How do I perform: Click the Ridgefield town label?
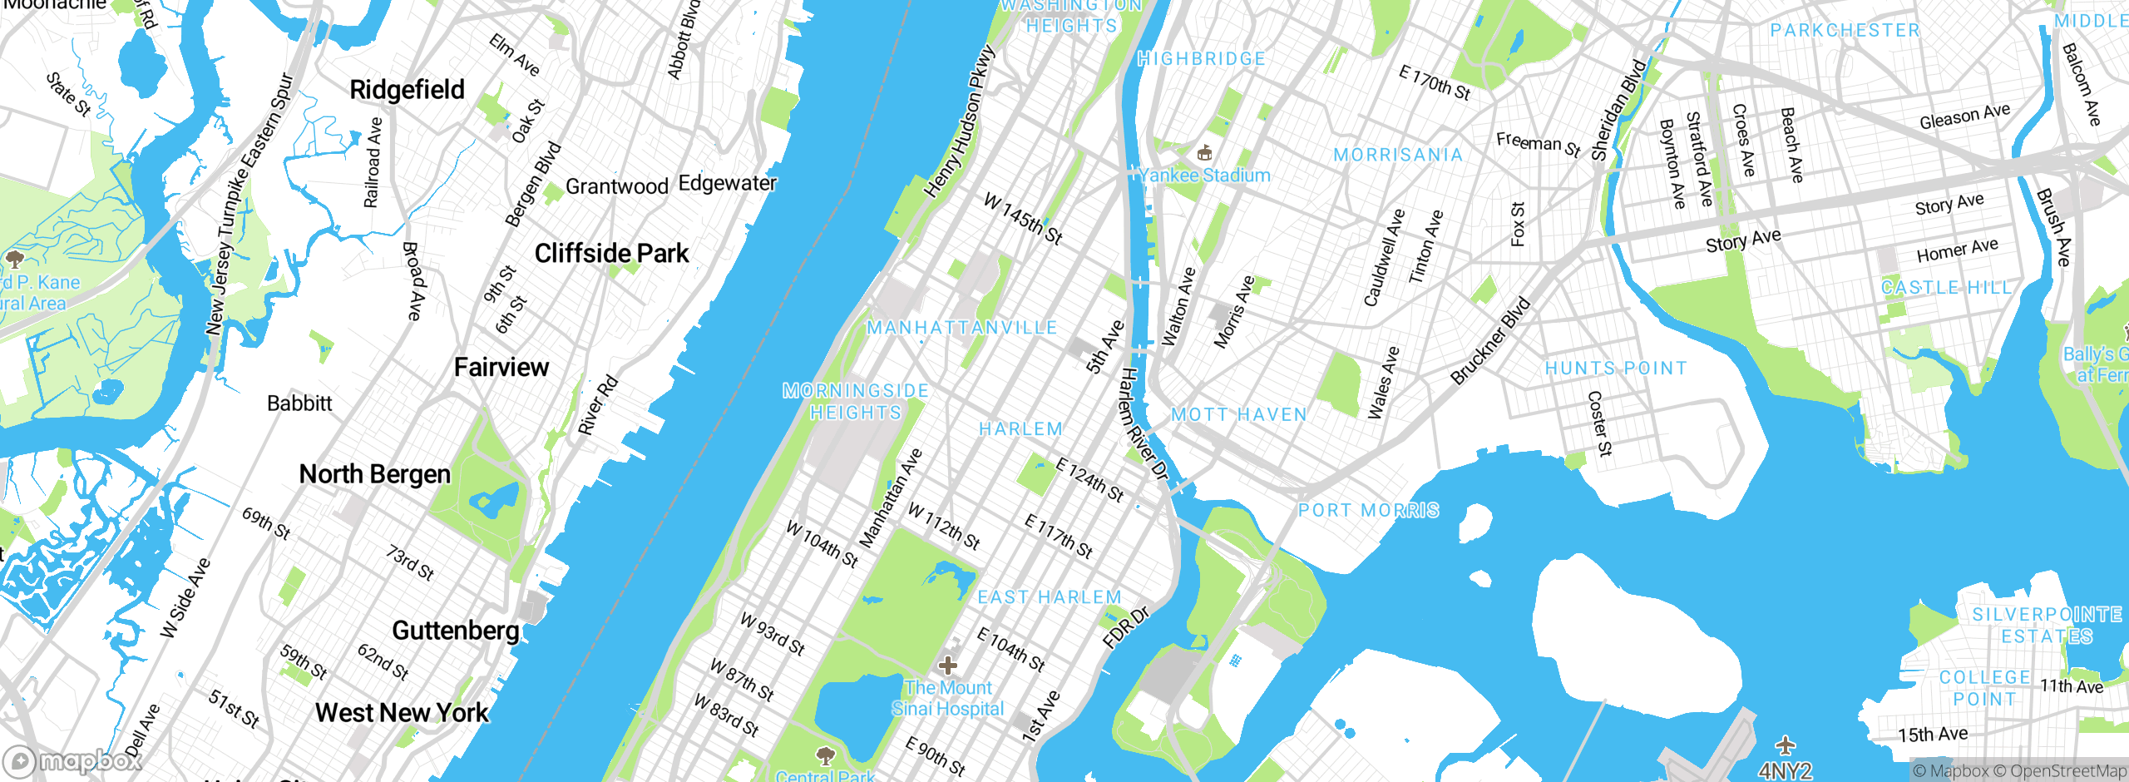[x=407, y=90]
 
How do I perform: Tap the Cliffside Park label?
[x=611, y=254]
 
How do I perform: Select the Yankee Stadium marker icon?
[x=1204, y=153]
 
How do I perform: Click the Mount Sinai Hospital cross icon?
[x=947, y=666]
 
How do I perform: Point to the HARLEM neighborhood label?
[x=1020, y=429]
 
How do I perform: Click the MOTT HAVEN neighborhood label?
[x=1239, y=415]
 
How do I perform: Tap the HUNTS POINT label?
[x=1616, y=369]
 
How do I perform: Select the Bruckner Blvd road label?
[x=1490, y=341]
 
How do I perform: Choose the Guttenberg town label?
[x=456, y=631]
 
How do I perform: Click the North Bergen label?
[x=375, y=474]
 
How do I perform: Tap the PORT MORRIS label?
[x=1368, y=511]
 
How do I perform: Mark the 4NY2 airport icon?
[x=1785, y=745]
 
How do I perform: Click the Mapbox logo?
[x=72, y=761]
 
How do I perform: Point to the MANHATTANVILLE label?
[x=962, y=328]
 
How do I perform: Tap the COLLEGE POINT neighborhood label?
[x=1985, y=689]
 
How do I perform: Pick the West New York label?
[x=403, y=713]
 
